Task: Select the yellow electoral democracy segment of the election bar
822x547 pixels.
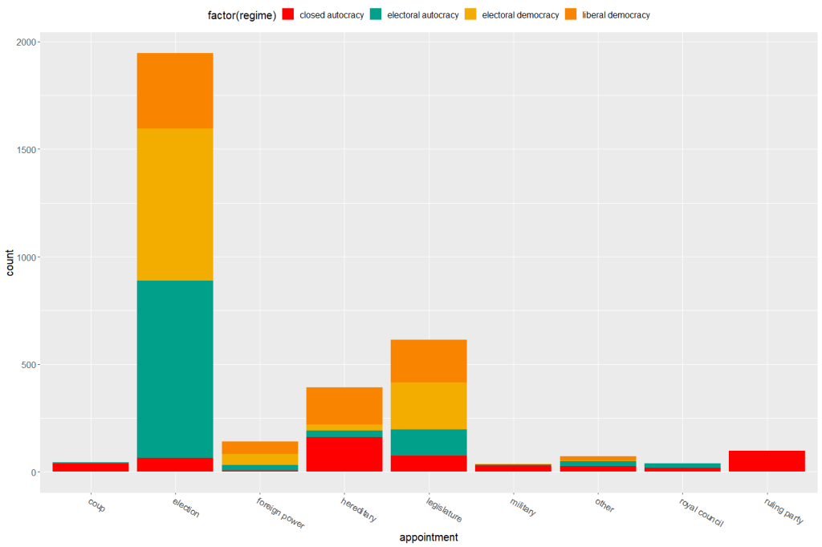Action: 175,204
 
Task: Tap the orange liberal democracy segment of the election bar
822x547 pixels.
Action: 175,91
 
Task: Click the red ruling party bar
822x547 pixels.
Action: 767,461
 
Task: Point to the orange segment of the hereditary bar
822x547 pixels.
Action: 344,406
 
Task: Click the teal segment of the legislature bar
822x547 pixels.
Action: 429,442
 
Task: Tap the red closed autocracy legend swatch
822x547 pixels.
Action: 289,14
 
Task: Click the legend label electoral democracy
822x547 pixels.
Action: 520,15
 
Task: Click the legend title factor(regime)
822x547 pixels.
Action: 247,15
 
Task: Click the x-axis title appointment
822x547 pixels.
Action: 429,537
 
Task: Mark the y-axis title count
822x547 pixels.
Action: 10,261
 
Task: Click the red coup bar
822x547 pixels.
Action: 91,467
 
